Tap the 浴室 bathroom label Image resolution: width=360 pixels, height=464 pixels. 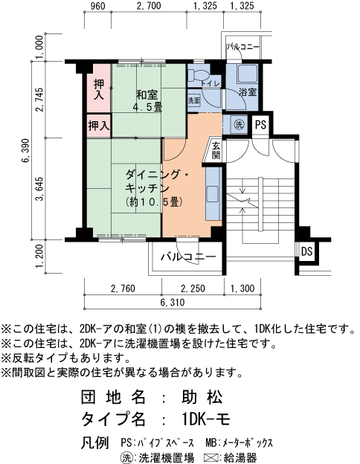point(248,92)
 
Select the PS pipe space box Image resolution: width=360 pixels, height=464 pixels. point(260,124)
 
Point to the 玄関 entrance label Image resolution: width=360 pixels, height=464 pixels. point(215,150)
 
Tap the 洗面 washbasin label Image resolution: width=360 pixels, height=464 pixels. point(193,100)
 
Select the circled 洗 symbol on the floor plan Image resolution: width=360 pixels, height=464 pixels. point(239,124)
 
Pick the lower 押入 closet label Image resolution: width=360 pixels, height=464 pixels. point(98,126)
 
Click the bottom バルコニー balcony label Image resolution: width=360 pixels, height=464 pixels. point(188,257)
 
